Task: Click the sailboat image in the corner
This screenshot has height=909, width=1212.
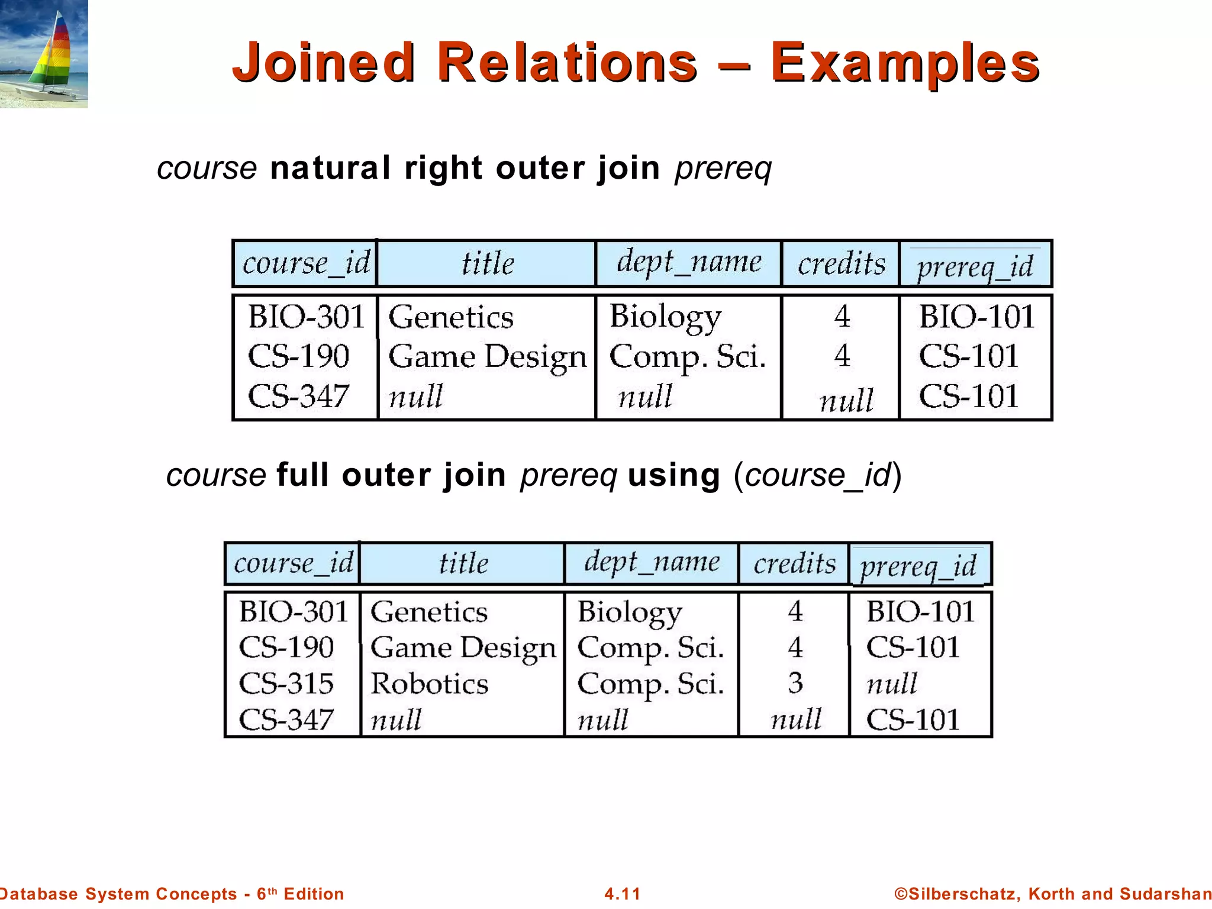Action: tap(44, 54)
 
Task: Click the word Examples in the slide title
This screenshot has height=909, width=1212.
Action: tap(905, 63)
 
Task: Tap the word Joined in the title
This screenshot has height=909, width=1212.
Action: tap(323, 62)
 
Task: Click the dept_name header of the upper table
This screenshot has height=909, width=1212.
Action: tap(689, 262)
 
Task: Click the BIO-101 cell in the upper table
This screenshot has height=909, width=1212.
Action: tap(976, 317)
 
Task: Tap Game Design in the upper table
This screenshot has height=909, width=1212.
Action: tap(487, 357)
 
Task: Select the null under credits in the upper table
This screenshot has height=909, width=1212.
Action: tap(846, 401)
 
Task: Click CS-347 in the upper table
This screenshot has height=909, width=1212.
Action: tap(298, 396)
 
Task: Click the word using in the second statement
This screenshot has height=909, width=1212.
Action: tap(673, 475)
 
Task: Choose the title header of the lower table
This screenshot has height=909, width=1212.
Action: tap(463, 563)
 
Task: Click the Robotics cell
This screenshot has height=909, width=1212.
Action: tap(429, 684)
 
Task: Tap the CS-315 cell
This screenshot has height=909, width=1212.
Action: tap(286, 684)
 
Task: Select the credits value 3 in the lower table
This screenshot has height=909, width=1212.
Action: tap(795, 684)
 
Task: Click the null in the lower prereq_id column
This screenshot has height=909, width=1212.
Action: tap(891, 684)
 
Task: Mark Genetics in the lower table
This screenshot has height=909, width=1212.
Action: tap(429, 612)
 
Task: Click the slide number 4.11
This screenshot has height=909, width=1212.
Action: tap(622, 894)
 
